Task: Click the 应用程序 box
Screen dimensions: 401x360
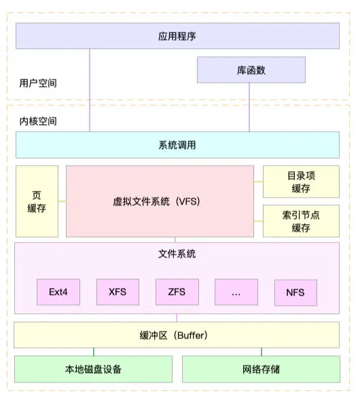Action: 177,35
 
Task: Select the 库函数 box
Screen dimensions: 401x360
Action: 251,69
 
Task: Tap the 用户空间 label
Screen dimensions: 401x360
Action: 38,84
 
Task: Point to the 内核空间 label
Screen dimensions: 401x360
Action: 38,122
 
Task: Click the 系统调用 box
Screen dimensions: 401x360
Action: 177,145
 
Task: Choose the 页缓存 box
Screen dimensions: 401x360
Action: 37,201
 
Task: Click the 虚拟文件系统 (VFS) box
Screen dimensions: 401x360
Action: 160,201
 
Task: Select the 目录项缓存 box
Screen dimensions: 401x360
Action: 301,181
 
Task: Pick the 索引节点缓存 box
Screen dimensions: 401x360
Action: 301,221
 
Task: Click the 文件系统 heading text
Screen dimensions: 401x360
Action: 177,254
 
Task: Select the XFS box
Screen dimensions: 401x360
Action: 118,292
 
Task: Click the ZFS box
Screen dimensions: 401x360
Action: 177,292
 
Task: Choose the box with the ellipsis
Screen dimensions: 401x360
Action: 236,292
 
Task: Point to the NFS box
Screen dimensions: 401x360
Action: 295,292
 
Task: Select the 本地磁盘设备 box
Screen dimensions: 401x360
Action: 94,370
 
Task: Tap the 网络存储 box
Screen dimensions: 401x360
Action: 261,370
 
